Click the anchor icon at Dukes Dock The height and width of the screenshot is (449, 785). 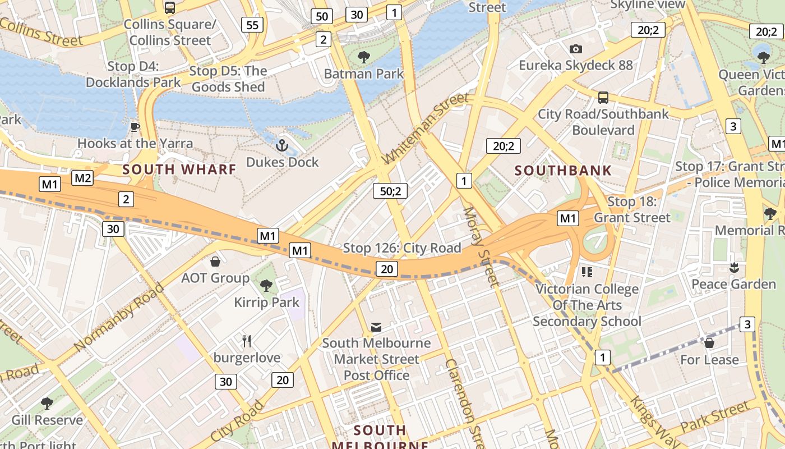(282, 146)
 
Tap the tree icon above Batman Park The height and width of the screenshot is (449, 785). (364, 57)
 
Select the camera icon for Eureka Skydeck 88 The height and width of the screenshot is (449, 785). (575, 49)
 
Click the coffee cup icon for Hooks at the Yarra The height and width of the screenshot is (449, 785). (135, 127)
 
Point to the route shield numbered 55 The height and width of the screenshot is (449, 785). (252, 24)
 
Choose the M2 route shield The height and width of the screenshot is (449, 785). (82, 178)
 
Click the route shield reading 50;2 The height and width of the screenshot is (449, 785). (390, 191)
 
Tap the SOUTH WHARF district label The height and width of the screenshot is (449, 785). (179, 169)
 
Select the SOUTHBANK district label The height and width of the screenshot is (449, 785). (563, 171)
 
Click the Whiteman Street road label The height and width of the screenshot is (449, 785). (424, 129)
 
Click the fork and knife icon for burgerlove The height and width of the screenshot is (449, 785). (247, 341)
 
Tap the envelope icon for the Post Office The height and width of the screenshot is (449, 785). (376, 327)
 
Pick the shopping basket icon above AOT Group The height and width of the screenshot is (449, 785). (215, 262)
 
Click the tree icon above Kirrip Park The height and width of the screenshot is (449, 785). (266, 286)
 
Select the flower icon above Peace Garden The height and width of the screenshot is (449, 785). (734, 268)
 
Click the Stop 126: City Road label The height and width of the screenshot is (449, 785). (402, 248)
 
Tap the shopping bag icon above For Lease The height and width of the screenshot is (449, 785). (709, 342)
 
